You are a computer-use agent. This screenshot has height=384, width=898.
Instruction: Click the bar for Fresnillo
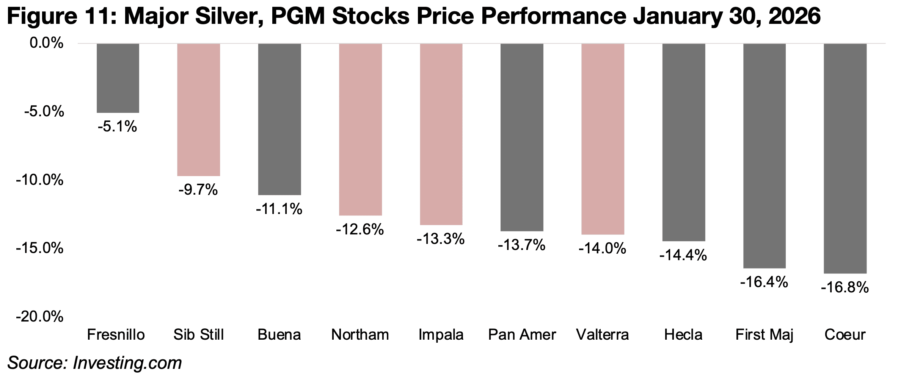pos(118,78)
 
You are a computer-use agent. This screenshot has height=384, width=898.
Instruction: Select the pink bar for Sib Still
pos(198,110)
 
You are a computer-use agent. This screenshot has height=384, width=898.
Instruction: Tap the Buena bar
pos(279,119)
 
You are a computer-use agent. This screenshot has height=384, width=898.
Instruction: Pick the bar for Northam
pos(360,130)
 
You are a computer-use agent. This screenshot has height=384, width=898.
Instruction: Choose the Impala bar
pos(441,134)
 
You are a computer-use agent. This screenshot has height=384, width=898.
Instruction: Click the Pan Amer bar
pos(522,137)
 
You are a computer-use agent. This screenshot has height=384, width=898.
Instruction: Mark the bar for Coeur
pos(845,158)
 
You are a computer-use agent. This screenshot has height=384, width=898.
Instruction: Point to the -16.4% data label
pos(764,282)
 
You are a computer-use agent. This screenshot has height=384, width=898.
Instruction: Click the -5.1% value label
pos(117,127)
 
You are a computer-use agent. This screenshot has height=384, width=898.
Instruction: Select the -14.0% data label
pos(602,249)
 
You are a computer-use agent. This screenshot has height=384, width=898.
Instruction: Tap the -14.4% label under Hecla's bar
pos(683,256)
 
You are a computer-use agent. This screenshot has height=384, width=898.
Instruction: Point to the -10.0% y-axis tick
pos(39,180)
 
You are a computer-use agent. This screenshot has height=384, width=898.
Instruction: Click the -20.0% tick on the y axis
pos(39,317)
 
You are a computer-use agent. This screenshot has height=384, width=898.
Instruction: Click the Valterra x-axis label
pos(602,335)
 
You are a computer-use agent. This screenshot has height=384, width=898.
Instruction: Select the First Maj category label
pos(764,335)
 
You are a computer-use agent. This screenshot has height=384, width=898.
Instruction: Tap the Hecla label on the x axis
pos(683,335)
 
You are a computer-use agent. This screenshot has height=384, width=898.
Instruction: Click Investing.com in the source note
pos(127,363)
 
